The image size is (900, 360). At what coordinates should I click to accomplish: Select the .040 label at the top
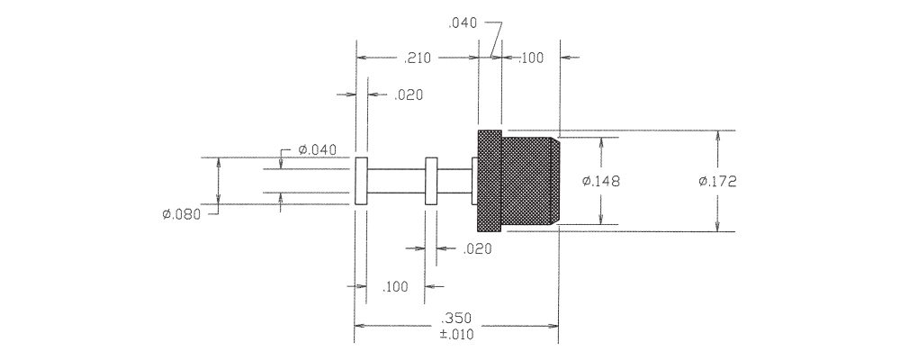[462, 23]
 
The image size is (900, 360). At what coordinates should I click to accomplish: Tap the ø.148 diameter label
[601, 182]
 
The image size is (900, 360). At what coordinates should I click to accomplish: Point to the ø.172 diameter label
[717, 182]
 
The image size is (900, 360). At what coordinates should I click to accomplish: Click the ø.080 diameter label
[182, 215]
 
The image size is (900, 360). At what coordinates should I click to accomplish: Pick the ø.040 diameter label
[317, 150]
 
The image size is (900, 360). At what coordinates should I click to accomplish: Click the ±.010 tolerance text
[457, 334]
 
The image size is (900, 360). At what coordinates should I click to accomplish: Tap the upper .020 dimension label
[409, 95]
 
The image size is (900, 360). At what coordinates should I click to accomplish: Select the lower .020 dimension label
[478, 249]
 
